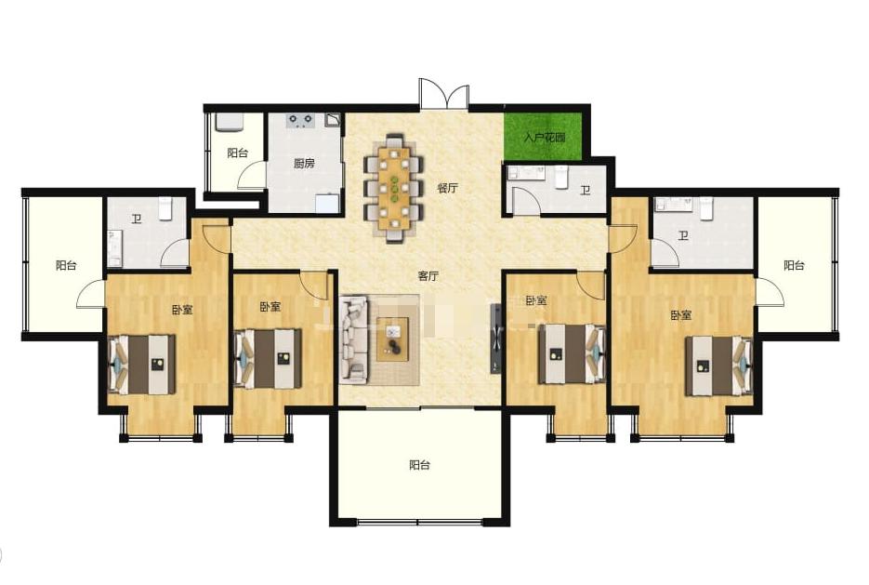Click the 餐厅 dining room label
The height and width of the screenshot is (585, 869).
[447, 188]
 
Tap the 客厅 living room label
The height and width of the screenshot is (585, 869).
[428, 275]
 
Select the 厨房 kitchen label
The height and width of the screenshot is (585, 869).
[304, 163]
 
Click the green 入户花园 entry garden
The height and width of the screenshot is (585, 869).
[543, 137]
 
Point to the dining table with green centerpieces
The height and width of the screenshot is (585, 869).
[393, 188]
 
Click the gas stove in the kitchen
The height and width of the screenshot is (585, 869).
[300, 120]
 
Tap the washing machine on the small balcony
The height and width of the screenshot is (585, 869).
[229, 123]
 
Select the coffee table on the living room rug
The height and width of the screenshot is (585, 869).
[393, 339]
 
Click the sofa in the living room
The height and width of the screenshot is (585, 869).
[353, 339]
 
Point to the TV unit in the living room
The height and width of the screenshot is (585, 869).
[494, 339]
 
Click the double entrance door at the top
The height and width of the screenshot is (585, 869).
[444, 93]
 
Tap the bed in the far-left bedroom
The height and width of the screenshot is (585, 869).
[142, 365]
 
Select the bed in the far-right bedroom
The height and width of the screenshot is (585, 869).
[719, 366]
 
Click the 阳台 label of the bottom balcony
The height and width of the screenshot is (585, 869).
[419, 465]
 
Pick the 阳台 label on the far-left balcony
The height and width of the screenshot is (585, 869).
[66, 265]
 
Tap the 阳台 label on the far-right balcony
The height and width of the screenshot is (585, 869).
[794, 265]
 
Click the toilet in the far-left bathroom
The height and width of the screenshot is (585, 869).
[166, 209]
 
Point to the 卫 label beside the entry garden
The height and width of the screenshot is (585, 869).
[586, 190]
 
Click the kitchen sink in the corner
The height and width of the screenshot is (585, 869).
[327, 203]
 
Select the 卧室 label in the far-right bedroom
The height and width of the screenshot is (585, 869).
[681, 315]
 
